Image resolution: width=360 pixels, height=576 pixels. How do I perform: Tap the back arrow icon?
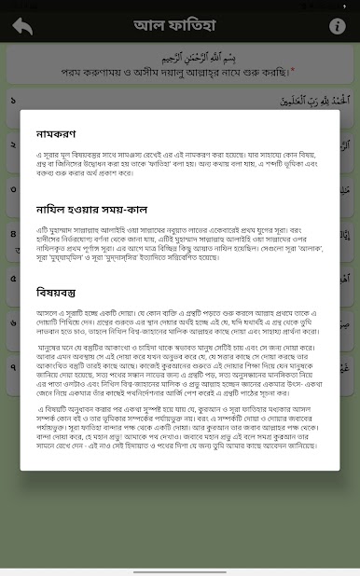22,26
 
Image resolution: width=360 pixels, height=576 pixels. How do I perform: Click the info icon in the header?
337,26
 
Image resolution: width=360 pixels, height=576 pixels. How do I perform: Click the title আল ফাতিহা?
180,25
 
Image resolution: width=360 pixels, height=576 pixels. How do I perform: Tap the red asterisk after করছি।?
292,69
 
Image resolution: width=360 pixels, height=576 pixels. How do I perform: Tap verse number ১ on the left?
11,97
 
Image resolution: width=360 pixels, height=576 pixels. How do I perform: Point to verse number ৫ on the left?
11,277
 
